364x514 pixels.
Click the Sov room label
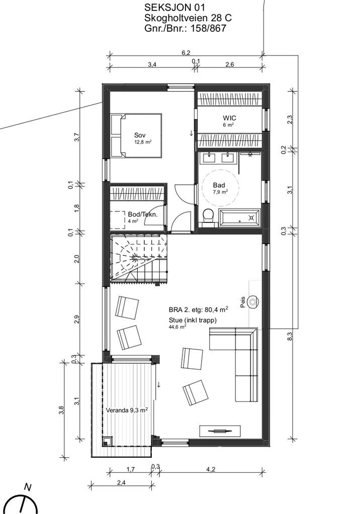coord(140,135)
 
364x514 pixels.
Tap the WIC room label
coord(229,118)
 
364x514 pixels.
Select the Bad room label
coord(219,185)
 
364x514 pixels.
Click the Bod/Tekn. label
coord(143,214)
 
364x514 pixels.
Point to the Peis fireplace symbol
coord(253,302)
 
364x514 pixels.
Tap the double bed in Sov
coord(136,136)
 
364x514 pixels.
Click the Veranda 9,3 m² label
coord(126,410)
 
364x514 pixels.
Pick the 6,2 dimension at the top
coord(187,52)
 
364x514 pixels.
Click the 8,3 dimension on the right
coord(290,336)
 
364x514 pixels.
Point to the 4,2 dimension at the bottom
coord(211,469)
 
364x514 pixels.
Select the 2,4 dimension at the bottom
coord(121,482)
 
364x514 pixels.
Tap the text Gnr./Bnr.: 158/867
coord(185,28)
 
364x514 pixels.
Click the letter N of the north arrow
coord(28,488)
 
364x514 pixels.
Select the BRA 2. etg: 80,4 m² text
coord(199,309)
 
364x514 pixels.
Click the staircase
coord(139,258)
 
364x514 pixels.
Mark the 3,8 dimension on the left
coord(61,410)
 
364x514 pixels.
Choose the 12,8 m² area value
coord(143,142)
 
